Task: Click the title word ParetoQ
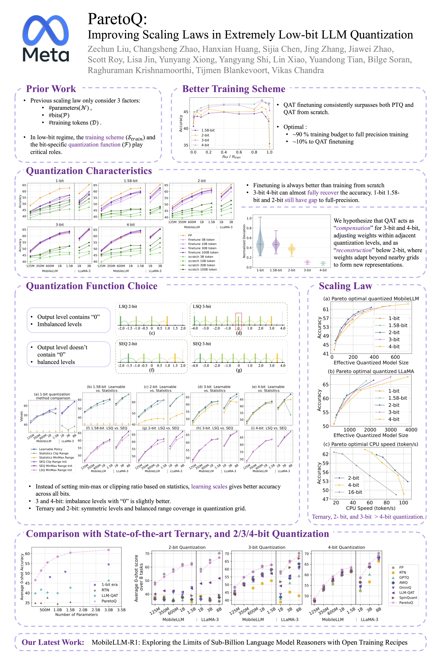(117, 19)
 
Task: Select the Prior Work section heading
(51, 89)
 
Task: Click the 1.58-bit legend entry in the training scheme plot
(208, 130)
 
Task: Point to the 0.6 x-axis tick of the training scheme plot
(239, 152)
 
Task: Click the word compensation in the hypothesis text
(353, 228)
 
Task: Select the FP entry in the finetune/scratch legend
(190, 235)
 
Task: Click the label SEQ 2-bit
(128, 344)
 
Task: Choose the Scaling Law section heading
(345, 286)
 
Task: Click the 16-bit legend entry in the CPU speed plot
(355, 492)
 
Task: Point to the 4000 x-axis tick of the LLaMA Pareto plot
(411, 430)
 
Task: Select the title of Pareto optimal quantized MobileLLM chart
(371, 299)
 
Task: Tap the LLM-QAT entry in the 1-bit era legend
(110, 596)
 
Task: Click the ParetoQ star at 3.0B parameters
(109, 550)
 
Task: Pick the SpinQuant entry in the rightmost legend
(408, 597)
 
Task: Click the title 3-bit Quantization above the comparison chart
(267, 547)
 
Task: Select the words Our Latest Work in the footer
(53, 642)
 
